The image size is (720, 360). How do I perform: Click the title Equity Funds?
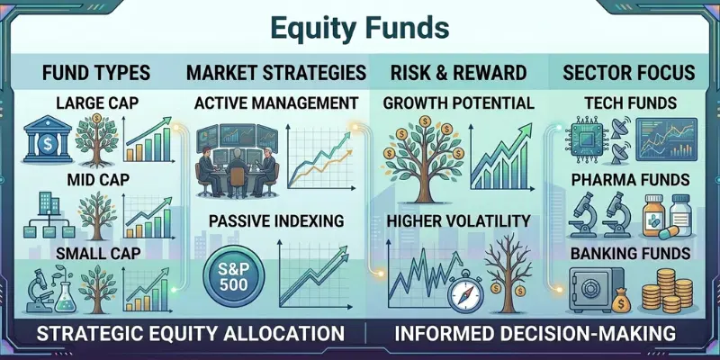(359, 27)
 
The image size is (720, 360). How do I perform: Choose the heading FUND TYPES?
(90, 72)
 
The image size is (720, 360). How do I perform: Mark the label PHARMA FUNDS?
(630, 179)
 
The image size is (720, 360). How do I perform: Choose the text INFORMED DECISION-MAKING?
(535, 334)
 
